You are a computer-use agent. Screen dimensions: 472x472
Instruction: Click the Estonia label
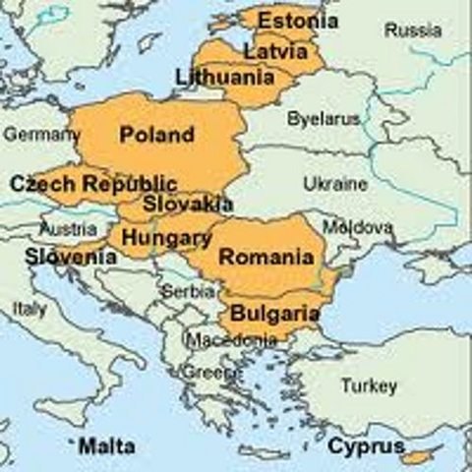click(297, 21)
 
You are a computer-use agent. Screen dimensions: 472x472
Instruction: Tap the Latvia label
click(275, 49)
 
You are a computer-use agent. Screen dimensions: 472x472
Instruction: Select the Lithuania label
click(225, 76)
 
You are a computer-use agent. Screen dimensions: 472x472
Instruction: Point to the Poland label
click(156, 134)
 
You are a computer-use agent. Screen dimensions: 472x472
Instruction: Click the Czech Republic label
click(93, 184)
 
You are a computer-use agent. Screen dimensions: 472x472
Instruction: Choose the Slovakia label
click(188, 205)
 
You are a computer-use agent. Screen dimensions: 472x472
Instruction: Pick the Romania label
click(266, 258)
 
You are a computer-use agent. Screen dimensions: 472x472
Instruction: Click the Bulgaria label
click(274, 314)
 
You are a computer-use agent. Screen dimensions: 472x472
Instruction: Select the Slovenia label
click(71, 258)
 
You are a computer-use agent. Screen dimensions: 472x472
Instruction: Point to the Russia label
click(413, 30)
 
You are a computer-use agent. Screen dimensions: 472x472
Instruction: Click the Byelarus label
click(324, 119)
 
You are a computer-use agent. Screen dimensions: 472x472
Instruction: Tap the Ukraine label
click(335, 184)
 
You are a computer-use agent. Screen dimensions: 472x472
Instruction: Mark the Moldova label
click(363, 227)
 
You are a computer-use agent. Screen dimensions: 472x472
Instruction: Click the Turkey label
click(369, 385)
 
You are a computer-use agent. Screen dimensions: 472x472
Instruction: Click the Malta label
click(107, 446)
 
